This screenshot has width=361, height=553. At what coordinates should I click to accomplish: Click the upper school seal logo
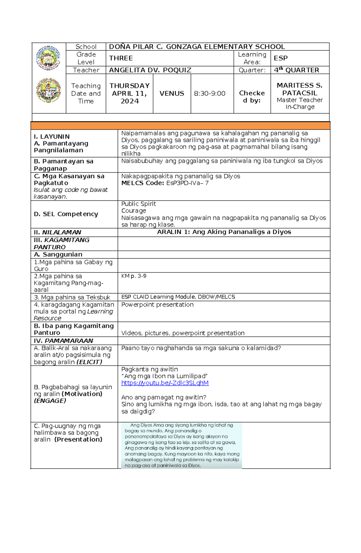coord(48,58)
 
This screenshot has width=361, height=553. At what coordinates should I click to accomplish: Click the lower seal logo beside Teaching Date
coord(48,90)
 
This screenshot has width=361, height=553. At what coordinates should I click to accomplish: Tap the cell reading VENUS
coord(172,93)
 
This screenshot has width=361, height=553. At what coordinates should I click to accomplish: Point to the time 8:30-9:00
coord(210,93)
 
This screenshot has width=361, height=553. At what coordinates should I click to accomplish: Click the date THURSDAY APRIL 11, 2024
coord(129,93)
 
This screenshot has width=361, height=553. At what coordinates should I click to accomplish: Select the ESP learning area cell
coord(281,58)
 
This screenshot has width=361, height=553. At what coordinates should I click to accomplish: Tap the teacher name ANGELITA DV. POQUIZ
coord(150,70)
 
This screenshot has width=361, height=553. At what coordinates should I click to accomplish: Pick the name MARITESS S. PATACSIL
coord(300,89)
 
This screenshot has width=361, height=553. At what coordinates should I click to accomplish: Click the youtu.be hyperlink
coord(165,383)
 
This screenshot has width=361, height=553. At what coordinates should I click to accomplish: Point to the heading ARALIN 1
coord(224,232)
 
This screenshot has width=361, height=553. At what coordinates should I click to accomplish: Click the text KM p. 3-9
coord(134,276)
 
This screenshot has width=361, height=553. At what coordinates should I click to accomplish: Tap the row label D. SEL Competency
coord(66,214)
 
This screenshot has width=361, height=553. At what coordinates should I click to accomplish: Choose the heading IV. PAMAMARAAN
coord(63,341)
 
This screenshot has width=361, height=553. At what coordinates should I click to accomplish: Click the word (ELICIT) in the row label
coord(89,362)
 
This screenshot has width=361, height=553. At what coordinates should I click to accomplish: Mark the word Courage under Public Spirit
coord(134,211)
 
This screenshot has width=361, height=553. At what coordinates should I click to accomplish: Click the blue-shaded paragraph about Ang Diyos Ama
coord(181,445)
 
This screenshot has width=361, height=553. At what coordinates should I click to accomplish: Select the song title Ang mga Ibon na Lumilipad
coord(165,376)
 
